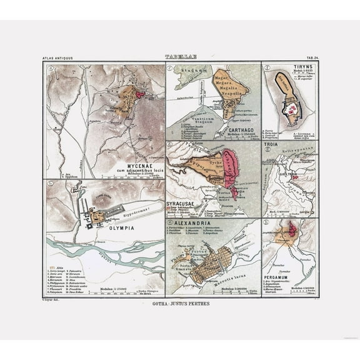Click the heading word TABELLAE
coord(179,57)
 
